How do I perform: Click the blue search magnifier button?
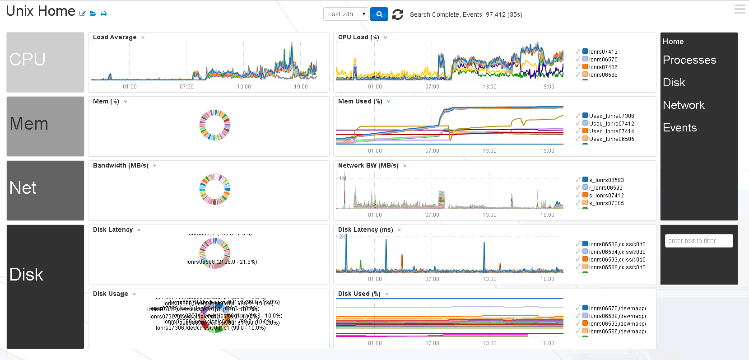(379, 14)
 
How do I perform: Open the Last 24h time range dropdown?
(346, 14)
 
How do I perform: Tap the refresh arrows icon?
(397, 14)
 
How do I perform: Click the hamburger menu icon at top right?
(740, 9)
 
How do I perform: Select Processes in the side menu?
(689, 60)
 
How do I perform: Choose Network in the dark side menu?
(684, 105)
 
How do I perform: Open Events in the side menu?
(679, 128)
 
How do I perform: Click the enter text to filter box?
(698, 241)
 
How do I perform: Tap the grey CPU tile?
(45, 62)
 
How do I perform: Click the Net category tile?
(45, 190)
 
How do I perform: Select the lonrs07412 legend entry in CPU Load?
(603, 52)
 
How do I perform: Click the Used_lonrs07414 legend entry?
(611, 131)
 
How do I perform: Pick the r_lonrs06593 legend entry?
(605, 188)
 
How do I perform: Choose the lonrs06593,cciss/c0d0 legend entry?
(617, 260)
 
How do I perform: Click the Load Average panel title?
(115, 37)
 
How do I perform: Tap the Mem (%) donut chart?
(215, 125)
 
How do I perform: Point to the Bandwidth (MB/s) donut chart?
(215, 189)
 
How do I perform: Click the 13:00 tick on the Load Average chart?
(244, 87)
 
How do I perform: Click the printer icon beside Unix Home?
(103, 14)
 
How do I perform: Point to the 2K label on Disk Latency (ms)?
(343, 237)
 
